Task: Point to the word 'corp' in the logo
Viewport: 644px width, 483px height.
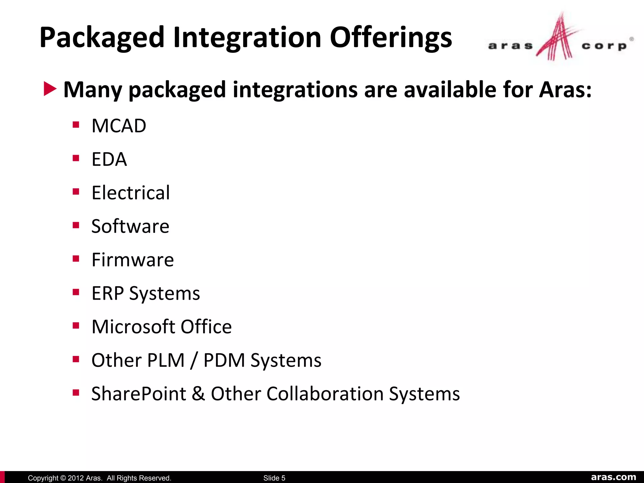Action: (x=604, y=46)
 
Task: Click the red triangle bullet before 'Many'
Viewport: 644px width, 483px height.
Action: (x=50, y=89)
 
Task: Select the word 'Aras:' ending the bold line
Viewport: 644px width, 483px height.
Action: (x=565, y=90)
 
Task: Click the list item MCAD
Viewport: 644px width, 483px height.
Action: (x=119, y=126)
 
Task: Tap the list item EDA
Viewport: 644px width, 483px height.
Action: (x=109, y=159)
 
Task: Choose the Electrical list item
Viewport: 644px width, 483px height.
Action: (x=130, y=193)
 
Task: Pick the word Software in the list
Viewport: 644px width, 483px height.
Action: (x=130, y=226)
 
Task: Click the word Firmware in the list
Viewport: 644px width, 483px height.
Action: (x=132, y=260)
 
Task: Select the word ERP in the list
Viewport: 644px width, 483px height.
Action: (x=108, y=293)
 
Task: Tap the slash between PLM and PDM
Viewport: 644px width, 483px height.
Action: (x=194, y=360)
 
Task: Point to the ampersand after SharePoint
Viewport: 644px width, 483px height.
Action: (x=198, y=394)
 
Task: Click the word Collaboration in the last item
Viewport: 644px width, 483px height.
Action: (x=325, y=394)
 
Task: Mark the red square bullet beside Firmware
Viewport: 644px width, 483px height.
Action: (x=76, y=259)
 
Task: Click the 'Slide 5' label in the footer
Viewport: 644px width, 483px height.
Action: (x=274, y=478)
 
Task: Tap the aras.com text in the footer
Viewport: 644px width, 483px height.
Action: (x=613, y=477)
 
